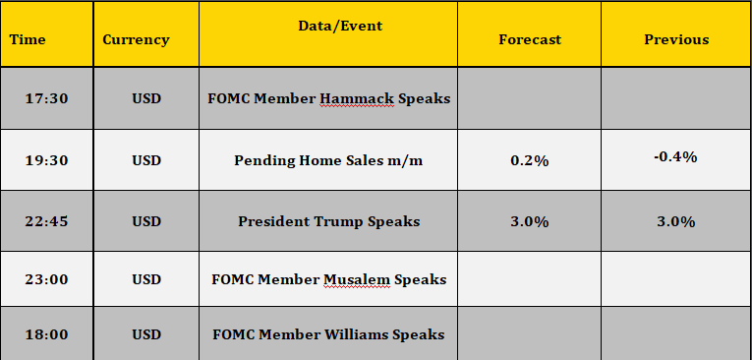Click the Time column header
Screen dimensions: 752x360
pyautogui.click(x=28, y=39)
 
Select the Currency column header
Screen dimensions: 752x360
pyautogui.click(x=136, y=40)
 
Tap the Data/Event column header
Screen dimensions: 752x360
pyautogui.click(x=340, y=26)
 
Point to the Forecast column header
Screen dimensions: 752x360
pyautogui.click(x=530, y=39)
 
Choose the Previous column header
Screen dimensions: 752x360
pyautogui.click(x=676, y=39)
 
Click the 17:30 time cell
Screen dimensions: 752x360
pyautogui.click(x=46, y=99)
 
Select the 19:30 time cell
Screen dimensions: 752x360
pyautogui.click(x=46, y=160)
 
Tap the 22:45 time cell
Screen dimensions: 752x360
pyautogui.click(x=46, y=221)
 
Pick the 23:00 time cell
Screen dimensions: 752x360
pyautogui.click(x=46, y=279)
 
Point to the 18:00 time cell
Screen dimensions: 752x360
pyautogui.click(x=46, y=334)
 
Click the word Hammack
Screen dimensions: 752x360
pyautogui.click(x=357, y=99)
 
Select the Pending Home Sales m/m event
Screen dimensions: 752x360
pyautogui.click(x=328, y=160)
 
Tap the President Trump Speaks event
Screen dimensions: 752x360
pyautogui.click(x=329, y=221)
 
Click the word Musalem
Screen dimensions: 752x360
pyautogui.click(x=357, y=279)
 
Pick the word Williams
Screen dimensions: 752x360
pyautogui.click(x=357, y=334)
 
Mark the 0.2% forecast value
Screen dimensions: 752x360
pyautogui.click(x=530, y=160)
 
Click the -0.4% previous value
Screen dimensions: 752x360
pyautogui.click(x=675, y=157)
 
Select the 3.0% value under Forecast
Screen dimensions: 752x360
pyautogui.click(x=530, y=221)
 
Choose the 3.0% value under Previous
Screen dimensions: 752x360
pyautogui.click(x=676, y=221)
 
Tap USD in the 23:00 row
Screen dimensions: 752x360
pyautogui.click(x=146, y=279)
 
